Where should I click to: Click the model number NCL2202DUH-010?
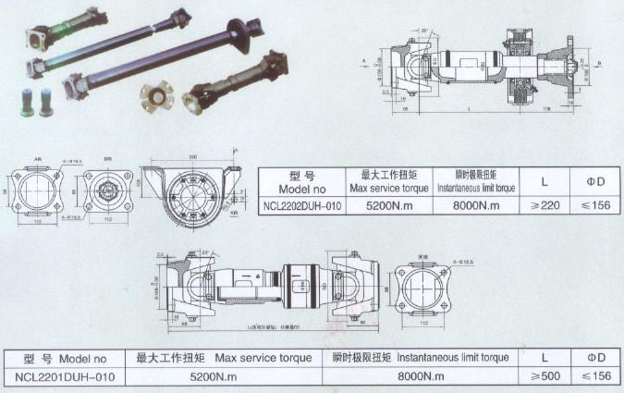tap(300, 206)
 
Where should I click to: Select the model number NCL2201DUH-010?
tap(61, 376)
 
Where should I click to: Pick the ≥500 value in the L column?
tap(546, 376)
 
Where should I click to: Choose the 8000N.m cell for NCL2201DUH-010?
tap(419, 376)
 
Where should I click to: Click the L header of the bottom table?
tap(546, 356)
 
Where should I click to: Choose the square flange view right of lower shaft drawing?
tap(423, 289)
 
